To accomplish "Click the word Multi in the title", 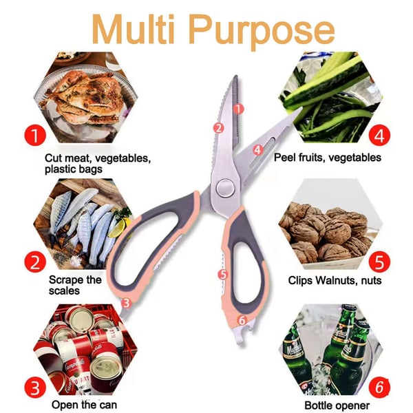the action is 134,29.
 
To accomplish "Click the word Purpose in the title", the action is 262,32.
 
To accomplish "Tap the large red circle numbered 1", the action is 35,135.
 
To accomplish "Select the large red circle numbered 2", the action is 35,262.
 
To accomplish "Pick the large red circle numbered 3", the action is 35,388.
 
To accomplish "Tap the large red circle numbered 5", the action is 379,262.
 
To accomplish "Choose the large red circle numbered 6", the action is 379,388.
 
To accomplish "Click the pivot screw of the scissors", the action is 226,188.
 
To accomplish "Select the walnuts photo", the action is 330,224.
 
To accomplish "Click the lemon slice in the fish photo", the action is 120,227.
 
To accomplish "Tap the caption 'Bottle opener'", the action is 337,405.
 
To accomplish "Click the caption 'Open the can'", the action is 84,405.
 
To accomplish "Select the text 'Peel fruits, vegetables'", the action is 328,158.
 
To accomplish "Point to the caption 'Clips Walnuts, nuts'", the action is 335,280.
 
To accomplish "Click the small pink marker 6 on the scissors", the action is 242,320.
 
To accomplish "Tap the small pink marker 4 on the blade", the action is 258,149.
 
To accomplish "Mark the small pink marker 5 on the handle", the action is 223,275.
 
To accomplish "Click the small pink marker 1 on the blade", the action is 239,109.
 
